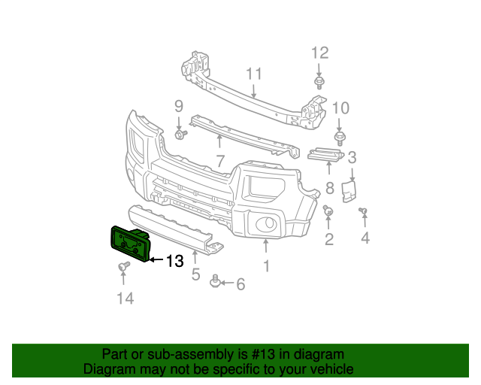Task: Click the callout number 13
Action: point(174,261)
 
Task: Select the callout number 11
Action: point(253,74)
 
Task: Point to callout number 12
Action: point(320,52)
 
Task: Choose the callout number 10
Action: point(340,107)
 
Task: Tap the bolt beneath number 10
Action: point(340,138)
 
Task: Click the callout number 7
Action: point(220,160)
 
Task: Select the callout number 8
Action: point(328,188)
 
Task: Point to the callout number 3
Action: point(351,157)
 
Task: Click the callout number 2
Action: point(328,239)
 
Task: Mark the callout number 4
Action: point(365,239)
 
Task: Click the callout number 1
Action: point(265,265)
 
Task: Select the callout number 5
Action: point(195,274)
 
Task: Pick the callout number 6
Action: point(240,283)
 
